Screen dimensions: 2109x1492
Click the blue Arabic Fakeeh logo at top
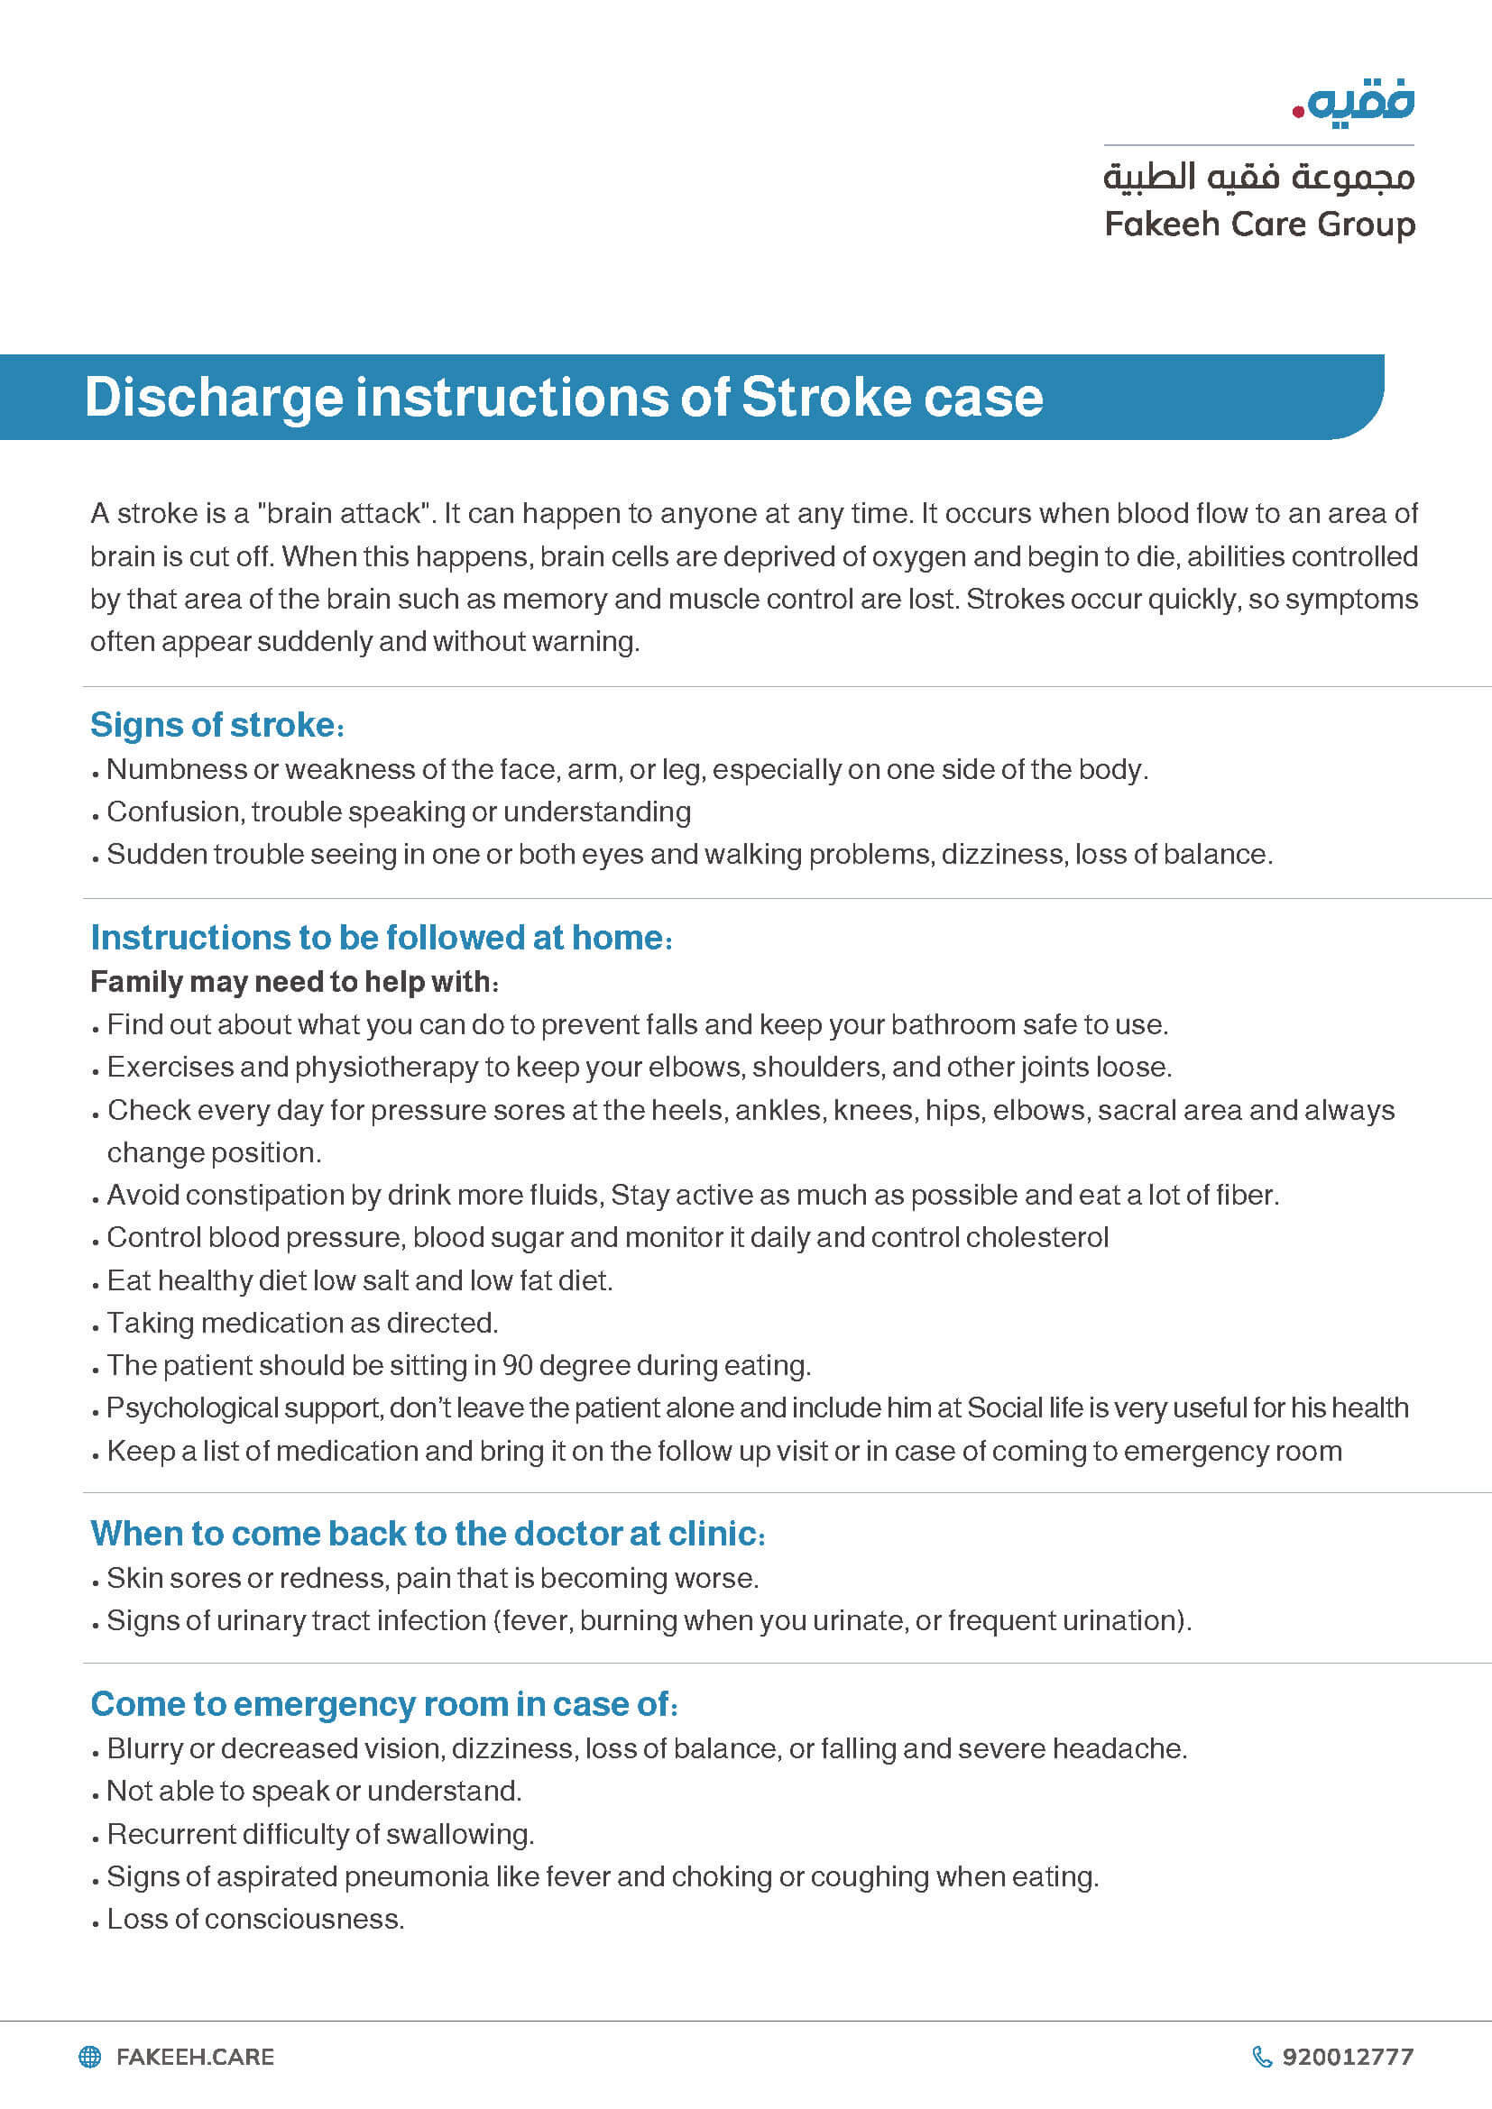pyautogui.click(x=1354, y=103)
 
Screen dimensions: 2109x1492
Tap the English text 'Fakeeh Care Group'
pyautogui.click(x=1258, y=225)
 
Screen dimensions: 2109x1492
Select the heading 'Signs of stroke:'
pyautogui.click(x=216, y=725)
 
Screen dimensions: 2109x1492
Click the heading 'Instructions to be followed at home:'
pyautogui.click(x=382, y=938)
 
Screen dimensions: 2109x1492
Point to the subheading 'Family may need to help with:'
pyautogui.click(x=294, y=982)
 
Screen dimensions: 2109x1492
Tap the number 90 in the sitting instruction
pyautogui.click(x=517, y=1366)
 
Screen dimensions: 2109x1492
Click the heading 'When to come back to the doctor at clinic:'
pyautogui.click(x=428, y=1534)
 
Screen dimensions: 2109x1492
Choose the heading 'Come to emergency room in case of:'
pyautogui.click(x=384, y=1704)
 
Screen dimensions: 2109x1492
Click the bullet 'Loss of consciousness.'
pyautogui.click(x=255, y=1919)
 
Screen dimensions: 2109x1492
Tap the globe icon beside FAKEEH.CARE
pyautogui.click(x=90, y=2057)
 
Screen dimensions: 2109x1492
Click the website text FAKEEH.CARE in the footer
pyautogui.click(x=195, y=2057)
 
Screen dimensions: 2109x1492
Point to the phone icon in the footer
pyautogui.click(x=1262, y=2057)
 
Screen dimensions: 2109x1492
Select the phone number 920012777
pyautogui.click(x=1348, y=2057)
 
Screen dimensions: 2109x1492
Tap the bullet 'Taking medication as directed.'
pyautogui.click(x=302, y=1324)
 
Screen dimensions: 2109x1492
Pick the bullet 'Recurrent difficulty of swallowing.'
pyautogui.click(x=319, y=1834)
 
